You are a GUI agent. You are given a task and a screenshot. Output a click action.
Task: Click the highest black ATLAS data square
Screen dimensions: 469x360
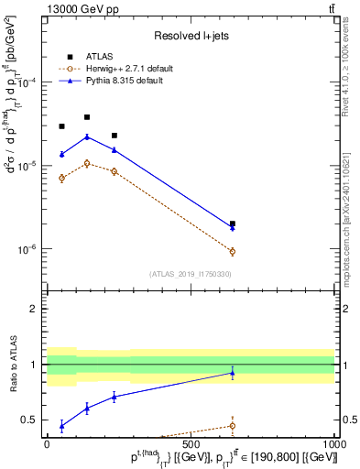click(x=87, y=117)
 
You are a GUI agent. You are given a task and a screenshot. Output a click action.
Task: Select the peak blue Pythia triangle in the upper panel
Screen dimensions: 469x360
click(x=87, y=136)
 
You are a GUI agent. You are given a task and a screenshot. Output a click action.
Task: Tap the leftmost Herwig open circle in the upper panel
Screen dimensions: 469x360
click(x=61, y=178)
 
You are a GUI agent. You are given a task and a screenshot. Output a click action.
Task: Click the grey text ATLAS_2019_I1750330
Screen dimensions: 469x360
click(x=191, y=274)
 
